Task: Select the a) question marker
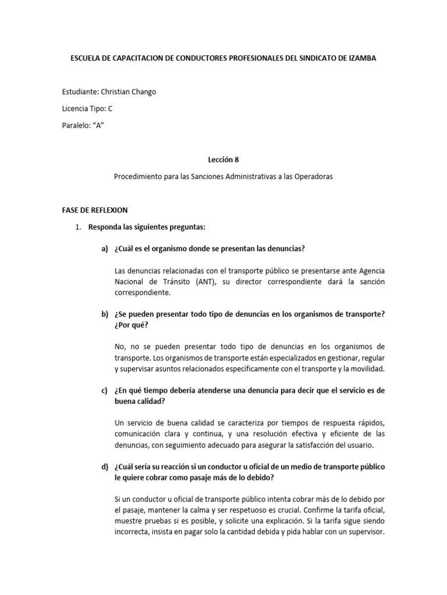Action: tap(105, 249)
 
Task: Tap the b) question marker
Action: tap(105, 314)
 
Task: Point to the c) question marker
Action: tap(105, 391)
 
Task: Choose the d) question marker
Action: tap(105, 467)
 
